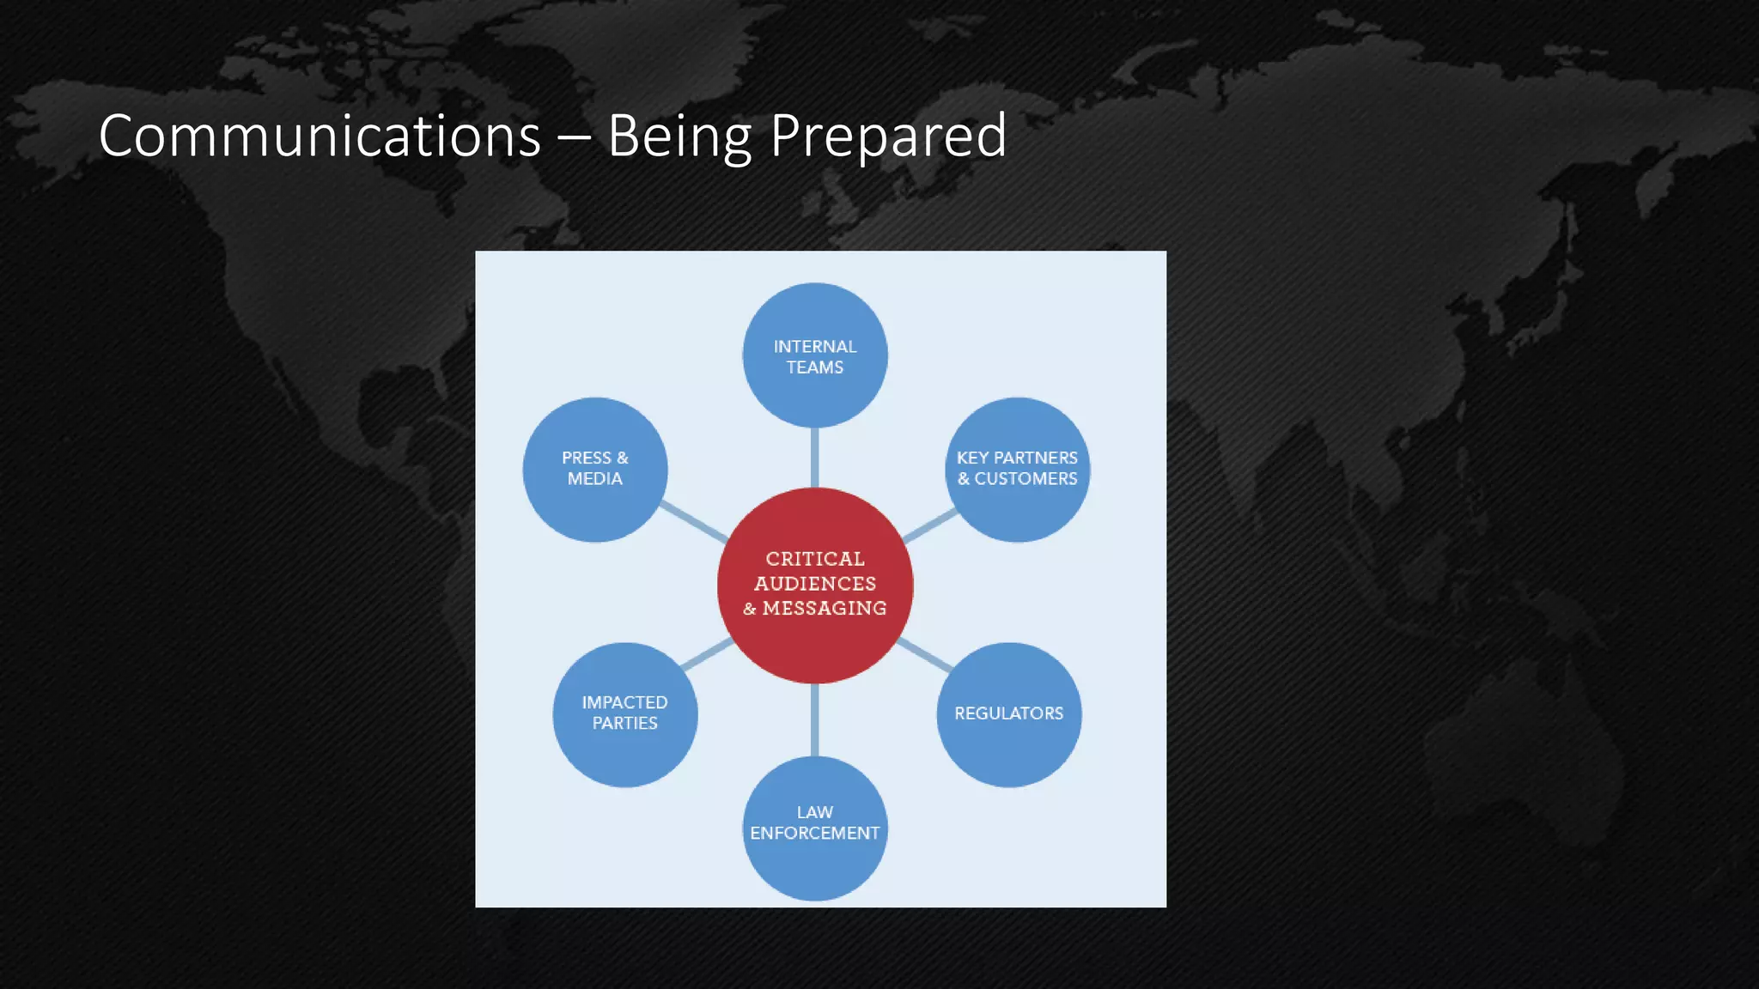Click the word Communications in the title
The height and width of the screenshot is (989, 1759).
pos(320,137)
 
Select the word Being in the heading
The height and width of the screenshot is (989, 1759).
pos(679,137)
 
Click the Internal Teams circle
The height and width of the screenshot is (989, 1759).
pos(814,355)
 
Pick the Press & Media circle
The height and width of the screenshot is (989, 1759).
pos(594,469)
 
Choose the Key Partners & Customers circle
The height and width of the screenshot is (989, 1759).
pos(1017,469)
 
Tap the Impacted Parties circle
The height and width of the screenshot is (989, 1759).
pos(624,713)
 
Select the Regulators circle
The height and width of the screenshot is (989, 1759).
pos(1008,713)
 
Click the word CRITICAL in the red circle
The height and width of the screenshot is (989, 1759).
pos(814,559)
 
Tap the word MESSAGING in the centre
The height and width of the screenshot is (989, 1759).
pos(824,608)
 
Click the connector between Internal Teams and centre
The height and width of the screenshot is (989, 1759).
pos(814,458)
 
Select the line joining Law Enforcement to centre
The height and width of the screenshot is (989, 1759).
pos(814,719)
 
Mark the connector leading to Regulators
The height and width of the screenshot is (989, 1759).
pos(925,655)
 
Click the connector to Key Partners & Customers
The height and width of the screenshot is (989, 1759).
pos(930,525)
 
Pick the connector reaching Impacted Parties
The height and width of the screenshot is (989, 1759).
pos(707,654)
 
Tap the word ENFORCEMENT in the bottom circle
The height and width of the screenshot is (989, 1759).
pos(814,834)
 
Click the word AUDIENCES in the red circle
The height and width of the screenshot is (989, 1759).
pos(814,584)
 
